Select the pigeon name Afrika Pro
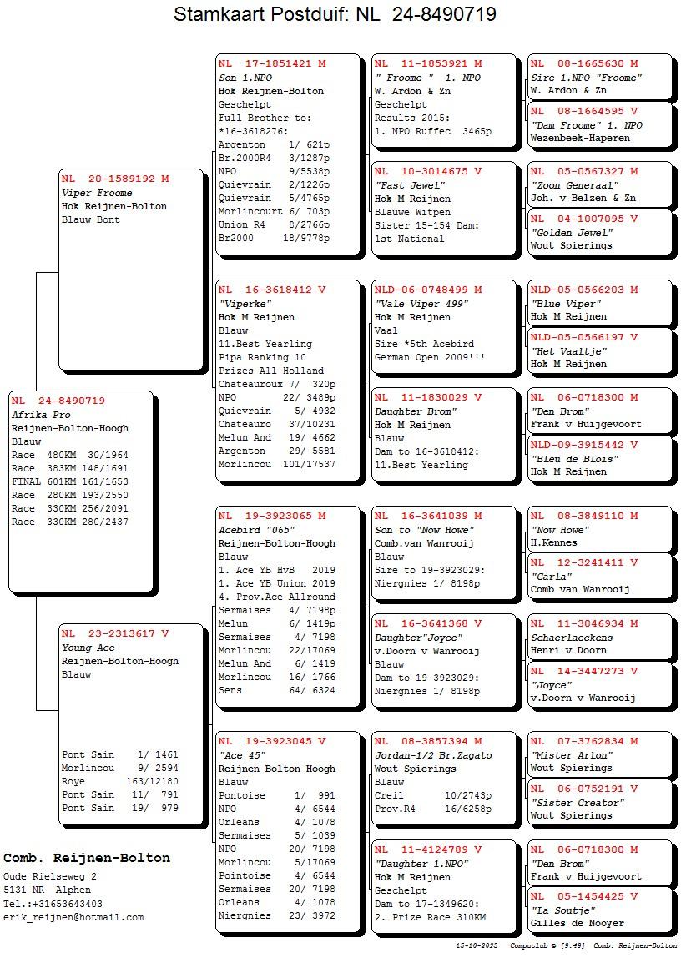click(x=41, y=415)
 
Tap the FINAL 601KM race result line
click(x=70, y=481)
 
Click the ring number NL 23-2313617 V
click(x=115, y=633)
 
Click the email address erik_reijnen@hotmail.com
click(x=73, y=917)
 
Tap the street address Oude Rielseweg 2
click(x=49, y=876)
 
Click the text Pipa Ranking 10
click(x=262, y=357)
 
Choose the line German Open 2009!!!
click(x=429, y=357)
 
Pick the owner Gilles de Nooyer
click(x=577, y=923)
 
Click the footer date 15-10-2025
click(x=477, y=946)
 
